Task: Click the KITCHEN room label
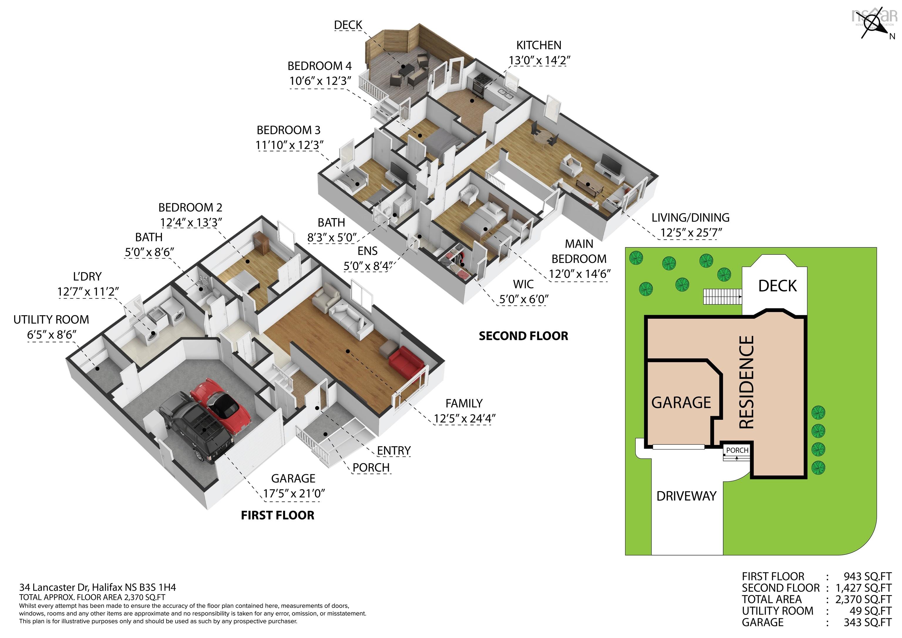point(538,45)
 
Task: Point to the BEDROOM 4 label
point(319,66)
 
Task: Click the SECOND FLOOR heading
point(523,336)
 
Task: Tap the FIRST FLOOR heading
point(277,515)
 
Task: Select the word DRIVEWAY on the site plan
point(686,496)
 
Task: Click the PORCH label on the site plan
point(737,450)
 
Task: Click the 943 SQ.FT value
point(867,576)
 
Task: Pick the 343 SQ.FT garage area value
point(867,622)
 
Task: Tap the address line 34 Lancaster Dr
point(97,587)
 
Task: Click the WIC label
point(523,284)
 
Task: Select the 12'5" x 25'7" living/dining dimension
point(691,233)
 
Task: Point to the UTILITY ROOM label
point(51,320)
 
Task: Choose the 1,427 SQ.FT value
point(864,588)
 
